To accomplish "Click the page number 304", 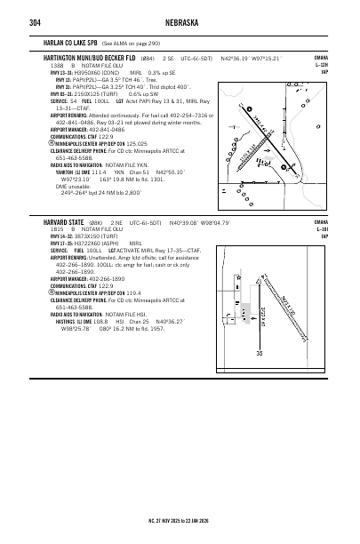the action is (36, 22).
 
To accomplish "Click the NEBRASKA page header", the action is (180, 22).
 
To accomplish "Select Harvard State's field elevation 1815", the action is (56, 228).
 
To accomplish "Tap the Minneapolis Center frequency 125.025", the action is (136, 142).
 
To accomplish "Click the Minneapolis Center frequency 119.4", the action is (133, 292).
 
